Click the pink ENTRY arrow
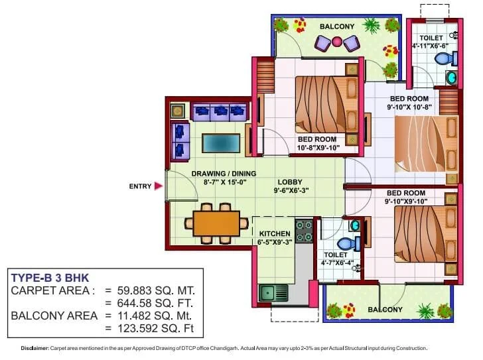click(158, 186)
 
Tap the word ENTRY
click(140, 186)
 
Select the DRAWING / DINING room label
click(220, 174)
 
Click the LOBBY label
click(289, 181)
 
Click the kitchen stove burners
click(304, 230)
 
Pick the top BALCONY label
click(337, 27)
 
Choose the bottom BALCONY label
click(385, 310)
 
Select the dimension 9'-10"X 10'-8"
click(409, 106)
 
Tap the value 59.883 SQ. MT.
click(155, 290)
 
